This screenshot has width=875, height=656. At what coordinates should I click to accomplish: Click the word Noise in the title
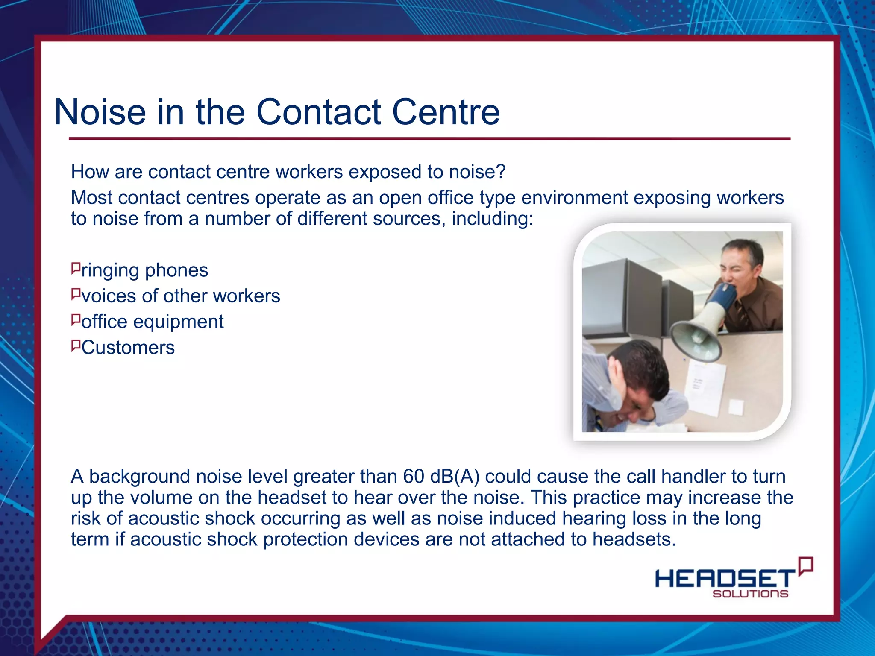click(100, 112)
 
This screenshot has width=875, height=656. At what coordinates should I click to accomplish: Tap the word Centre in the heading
click(446, 112)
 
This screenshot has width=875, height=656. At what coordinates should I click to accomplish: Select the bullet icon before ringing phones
click(76, 269)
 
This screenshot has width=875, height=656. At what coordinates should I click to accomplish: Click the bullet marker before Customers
click(76, 346)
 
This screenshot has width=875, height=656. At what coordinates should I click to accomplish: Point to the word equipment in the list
click(179, 322)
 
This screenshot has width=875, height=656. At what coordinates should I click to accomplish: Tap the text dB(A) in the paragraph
click(455, 477)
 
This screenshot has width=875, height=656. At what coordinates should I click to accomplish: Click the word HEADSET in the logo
click(725, 579)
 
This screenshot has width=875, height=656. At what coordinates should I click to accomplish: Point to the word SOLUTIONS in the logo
click(750, 594)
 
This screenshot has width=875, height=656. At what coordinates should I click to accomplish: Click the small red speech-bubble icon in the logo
click(806, 566)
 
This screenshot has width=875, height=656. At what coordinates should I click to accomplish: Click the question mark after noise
click(501, 172)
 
